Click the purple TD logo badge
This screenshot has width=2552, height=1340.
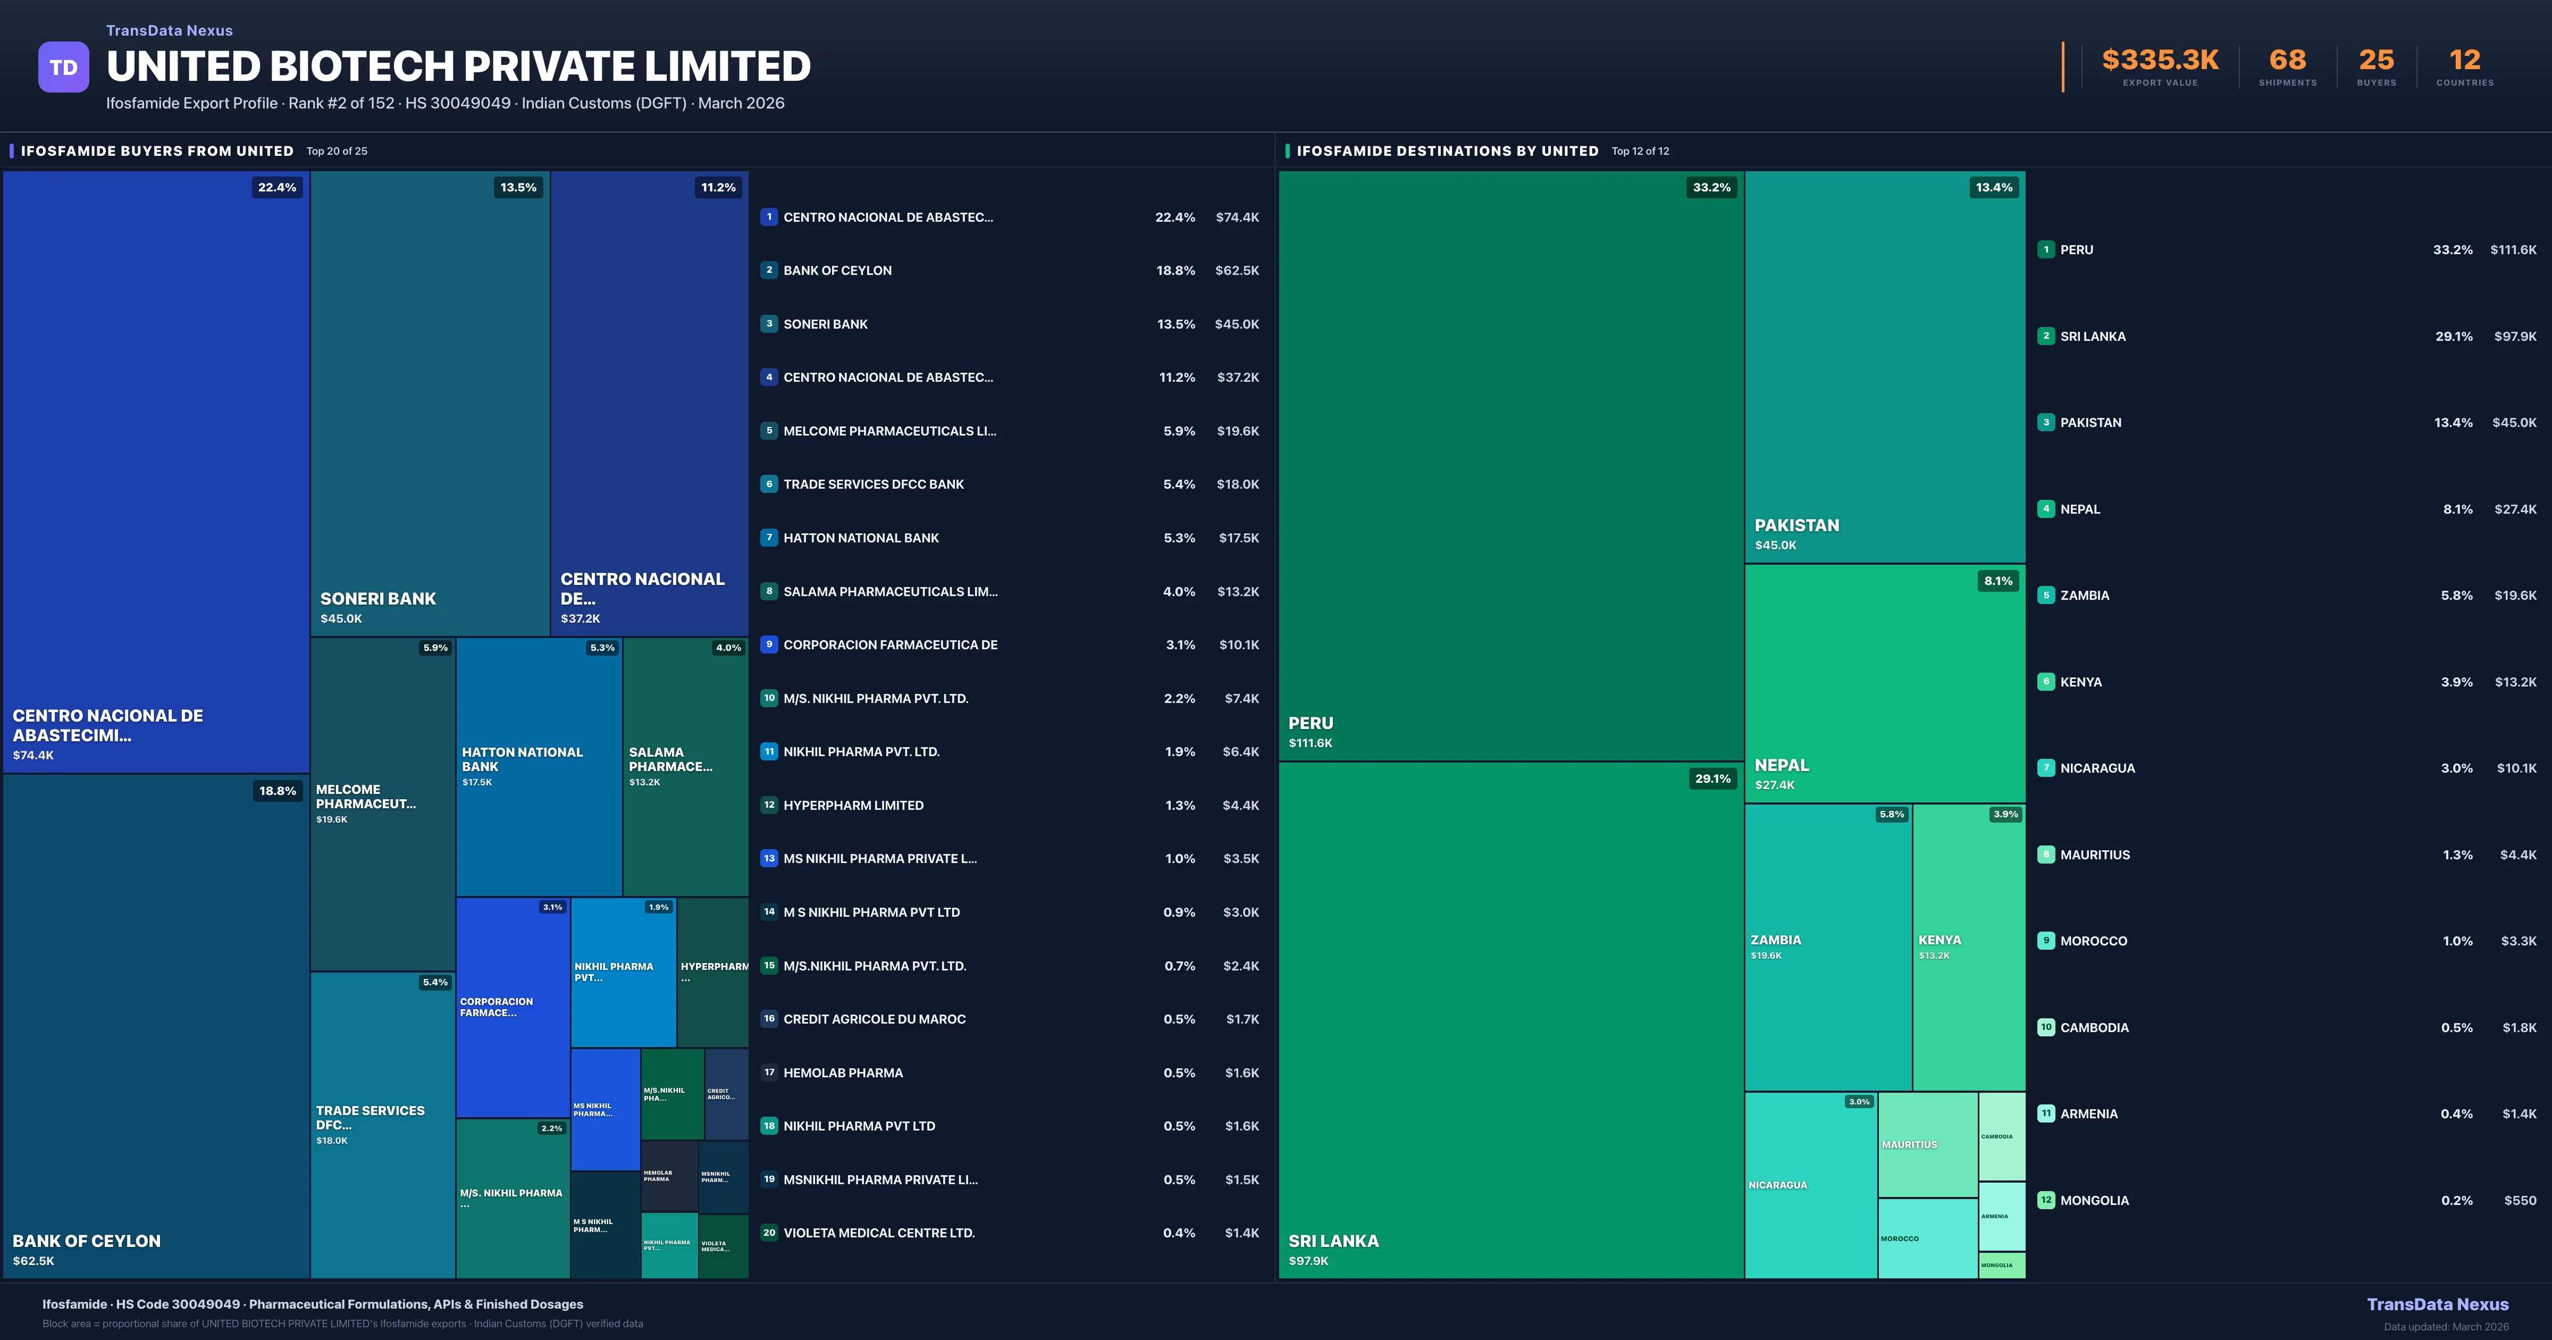(63, 68)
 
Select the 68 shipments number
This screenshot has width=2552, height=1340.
(2287, 61)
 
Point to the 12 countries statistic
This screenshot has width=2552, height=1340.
(2465, 61)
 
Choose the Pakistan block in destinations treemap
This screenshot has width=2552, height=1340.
(1884, 367)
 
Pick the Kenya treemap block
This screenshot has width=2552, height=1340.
(1968, 947)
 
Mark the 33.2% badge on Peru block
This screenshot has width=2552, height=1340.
(1712, 187)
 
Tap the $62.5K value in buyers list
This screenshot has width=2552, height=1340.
(1236, 271)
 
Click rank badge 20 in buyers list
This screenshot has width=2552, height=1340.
(769, 1233)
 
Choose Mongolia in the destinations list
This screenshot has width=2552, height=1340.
(2094, 1200)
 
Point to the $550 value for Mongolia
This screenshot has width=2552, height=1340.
(2520, 1200)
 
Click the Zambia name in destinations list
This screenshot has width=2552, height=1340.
(2084, 596)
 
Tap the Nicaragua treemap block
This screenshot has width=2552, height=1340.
(1810, 1184)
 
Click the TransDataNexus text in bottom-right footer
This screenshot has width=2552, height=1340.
(2437, 1304)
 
